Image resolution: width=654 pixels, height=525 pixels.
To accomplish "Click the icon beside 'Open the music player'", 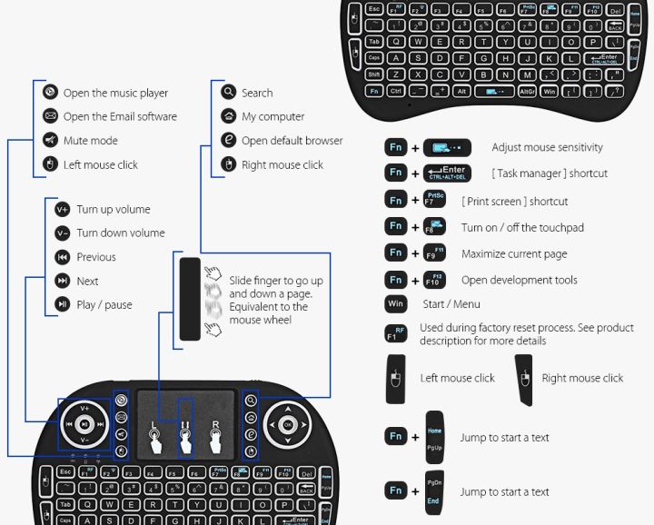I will click(51, 93).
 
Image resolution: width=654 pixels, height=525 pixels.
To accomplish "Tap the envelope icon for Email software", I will click(51, 116).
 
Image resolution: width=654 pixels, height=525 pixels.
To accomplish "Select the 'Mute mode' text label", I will click(91, 141).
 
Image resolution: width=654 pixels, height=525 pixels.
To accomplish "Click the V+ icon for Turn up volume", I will click(62, 209).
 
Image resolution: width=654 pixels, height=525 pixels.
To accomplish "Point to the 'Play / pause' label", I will click(104, 305).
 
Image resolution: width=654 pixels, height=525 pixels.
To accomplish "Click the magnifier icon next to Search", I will click(229, 93).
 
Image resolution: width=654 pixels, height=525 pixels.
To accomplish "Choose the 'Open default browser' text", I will click(292, 141).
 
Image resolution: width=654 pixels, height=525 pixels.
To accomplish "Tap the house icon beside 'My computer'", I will click(229, 116).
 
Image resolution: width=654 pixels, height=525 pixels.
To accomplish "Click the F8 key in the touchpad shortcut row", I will click(434, 226).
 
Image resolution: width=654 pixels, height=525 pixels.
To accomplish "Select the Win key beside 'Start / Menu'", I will click(396, 304).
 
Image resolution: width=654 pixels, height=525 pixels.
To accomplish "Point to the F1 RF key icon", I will click(396, 332).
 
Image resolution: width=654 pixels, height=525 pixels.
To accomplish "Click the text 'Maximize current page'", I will click(514, 254).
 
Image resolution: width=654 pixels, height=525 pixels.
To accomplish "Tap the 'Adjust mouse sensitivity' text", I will click(547, 147).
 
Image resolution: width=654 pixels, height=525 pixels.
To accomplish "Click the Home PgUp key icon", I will click(434, 437).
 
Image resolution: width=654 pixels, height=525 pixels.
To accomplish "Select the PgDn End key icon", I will click(434, 491).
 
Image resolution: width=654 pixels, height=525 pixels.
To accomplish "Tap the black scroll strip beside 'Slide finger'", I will click(189, 299).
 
